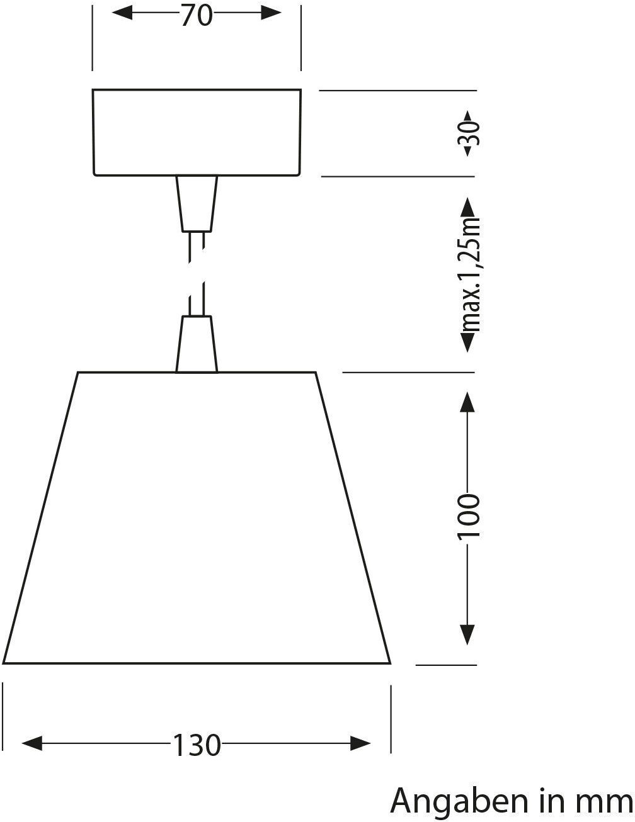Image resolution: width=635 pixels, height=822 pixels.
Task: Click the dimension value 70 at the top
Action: click(x=197, y=16)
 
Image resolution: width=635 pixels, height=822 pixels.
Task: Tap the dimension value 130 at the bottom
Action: click(x=197, y=745)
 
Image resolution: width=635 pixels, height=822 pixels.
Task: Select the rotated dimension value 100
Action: click(x=469, y=516)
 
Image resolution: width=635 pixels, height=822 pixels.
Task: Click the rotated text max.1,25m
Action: click(x=470, y=274)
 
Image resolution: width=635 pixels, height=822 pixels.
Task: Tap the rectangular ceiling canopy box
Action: click(x=197, y=132)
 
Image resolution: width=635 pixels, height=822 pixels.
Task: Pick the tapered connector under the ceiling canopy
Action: click(x=197, y=203)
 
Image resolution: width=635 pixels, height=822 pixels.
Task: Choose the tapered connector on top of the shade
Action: click(x=197, y=344)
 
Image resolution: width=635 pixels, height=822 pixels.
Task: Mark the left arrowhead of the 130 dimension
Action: click(x=31, y=743)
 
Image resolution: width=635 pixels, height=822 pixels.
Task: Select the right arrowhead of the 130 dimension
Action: click(x=361, y=743)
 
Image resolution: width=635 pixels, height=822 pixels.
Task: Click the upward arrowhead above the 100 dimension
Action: click(x=467, y=401)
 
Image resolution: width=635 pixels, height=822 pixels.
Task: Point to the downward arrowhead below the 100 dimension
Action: click(x=467, y=634)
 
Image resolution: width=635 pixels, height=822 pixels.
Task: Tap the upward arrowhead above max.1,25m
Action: click(x=467, y=207)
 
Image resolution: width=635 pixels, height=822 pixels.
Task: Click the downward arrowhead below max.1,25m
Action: click(x=467, y=342)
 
